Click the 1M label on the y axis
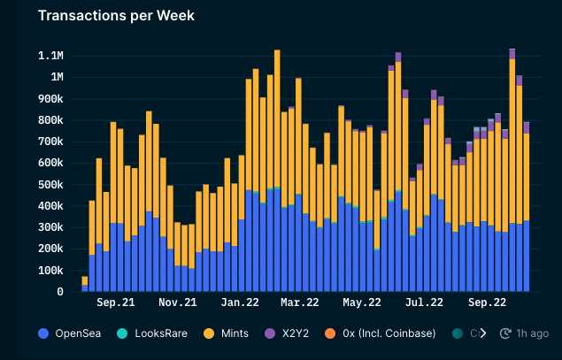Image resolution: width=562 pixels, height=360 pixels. click(x=55, y=77)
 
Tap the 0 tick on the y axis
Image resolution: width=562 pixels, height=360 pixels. click(x=60, y=292)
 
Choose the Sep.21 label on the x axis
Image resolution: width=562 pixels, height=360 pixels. click(x=116, y=303)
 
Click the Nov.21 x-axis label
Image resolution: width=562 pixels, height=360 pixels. click(x=178, y=303)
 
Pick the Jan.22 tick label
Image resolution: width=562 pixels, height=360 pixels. click(x=239, y=303)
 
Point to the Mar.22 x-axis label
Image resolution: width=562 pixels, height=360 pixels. click(x=299, y=303)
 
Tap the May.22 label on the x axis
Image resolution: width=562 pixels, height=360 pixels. click(x=361, y=303)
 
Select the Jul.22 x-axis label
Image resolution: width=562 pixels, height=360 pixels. click(x=424, y=303)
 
